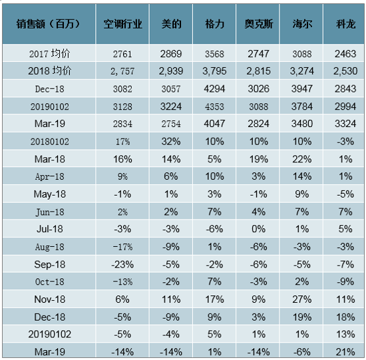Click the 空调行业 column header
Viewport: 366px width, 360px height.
click(x=122, y=24)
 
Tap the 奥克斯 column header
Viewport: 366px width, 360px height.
click(x=259, y=24)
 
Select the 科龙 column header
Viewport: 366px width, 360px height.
click(x=345, y=24)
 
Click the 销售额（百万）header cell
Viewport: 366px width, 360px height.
click(x=49, y=24)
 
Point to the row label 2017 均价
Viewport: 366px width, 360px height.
click(x=49, y=54)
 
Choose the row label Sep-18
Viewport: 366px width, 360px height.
click(x=49, y=265)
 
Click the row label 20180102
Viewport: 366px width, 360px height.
click(x=49, y=142)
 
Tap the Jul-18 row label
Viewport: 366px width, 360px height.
click(x=49, y=229)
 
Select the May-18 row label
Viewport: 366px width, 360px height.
click(x=49, y=194)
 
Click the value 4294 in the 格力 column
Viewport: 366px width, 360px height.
click(x=214, y=89)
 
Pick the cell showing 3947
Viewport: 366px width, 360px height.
click(x=302, y=89)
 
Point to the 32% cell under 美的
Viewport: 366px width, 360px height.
click(x=171, y=142)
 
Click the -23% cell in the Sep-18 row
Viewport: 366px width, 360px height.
click(x=122, y=265)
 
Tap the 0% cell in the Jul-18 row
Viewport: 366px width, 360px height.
click(x=258, y=229)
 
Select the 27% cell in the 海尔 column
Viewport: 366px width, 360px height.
click(x=302, y=299)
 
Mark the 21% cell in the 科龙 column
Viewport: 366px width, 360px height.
click(x=345, y=352)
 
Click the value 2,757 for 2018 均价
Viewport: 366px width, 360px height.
click(x=122, y=71)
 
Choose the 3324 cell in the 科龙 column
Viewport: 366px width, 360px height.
click(x=345, y=124)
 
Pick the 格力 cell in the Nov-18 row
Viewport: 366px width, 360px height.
click(x=214, y=299)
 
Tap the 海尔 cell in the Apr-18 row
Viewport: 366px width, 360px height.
click(x=302, y=176)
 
